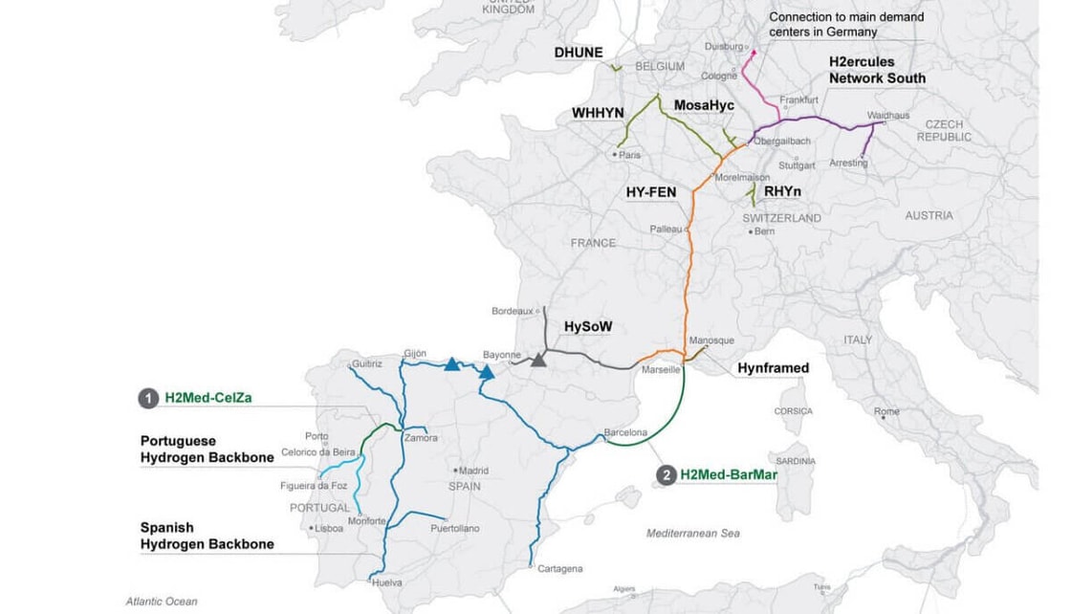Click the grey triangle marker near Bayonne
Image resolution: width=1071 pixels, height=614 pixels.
pyautogui.click(x=538, y=360)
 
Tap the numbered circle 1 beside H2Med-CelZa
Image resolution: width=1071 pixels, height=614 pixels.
pyautogui.click(x=148, y=399)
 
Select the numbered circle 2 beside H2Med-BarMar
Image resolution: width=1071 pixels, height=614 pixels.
pyautogui.click(x=666, y=474)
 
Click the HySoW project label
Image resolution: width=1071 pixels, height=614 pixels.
pyautogui.click(x=587, y=326)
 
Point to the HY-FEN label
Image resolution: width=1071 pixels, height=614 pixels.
pyautogui.click(x=650, y=192)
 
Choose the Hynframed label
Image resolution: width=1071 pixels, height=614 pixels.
pyautogui.click(x=773, y=367)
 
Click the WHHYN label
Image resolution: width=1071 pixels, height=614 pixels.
pyautogui.click(x=598, y=113)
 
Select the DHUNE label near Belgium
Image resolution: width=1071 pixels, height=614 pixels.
pyautogui.click(x=579, y=53)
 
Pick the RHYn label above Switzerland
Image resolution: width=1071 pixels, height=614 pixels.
pyautogui.click(x=782, y=192)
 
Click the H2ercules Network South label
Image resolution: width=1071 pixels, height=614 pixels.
pyautogui.click(x=876, y=70)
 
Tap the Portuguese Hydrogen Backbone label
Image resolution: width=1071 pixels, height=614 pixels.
pyautogui.click(x=207, y=450)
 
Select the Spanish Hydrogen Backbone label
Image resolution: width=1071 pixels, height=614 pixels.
pyautogui.click(x=207, y=536)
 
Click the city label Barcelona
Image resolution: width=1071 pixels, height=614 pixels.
pyautogui.click(x=625, y=432)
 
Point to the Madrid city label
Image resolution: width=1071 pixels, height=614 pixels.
pyautogui.click(x=473, y=471)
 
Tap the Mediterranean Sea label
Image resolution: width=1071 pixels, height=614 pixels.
pyautogui.click(x=692, y=533)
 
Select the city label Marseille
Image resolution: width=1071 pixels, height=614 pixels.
pyautogui.click(x=662, y=369)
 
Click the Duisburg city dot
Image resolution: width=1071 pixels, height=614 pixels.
pyautogui.click(x=753, y=52)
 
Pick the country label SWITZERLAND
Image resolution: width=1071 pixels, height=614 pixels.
pyautogui.click(x=781, y=218)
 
